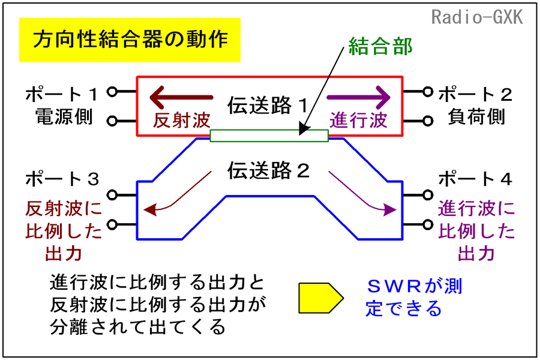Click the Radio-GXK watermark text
click(477, 17)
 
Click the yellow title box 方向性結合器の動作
click(130, 40)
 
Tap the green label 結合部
click(380, 46)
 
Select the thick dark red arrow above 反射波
click(181, 97)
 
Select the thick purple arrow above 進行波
click(359, 97)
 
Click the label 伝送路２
click(269, 170)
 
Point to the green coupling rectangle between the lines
click(269, 136)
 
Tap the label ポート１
click(62, 94)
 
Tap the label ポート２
click(475, 94)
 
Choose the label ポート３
click(62, 179)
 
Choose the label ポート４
click(475, 179)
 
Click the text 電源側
click(64, 116)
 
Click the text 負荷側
click(476, 116)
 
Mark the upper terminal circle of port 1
click(112, 92)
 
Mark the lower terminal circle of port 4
click(428, 224)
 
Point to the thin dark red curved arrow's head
click(150, 209)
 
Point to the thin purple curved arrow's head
click(390, 209)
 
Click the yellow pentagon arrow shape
click(321, 298)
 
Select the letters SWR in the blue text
click(395, 287)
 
